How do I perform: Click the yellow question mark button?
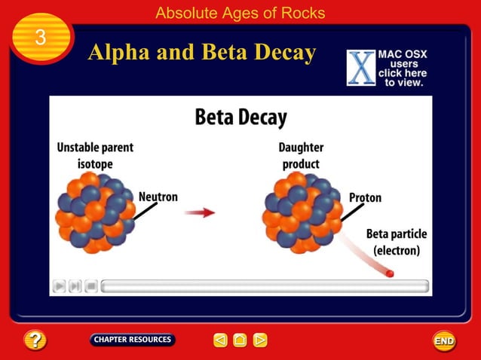[35, 340]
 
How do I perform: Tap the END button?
[444, 340]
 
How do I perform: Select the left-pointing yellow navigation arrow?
[220, 340]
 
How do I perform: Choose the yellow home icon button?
[240, 340]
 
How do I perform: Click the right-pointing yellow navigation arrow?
[260, 340]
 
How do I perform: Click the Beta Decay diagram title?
[240, 117]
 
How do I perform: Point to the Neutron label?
[158, 197]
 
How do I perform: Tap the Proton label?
[365, 197]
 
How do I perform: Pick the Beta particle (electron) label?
[394, 242]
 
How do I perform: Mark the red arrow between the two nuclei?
[200, 212]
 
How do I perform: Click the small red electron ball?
[390, 274]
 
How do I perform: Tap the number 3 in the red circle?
[41, 38]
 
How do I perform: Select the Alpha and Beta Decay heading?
[201, 53]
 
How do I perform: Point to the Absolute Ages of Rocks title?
[240, 13]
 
